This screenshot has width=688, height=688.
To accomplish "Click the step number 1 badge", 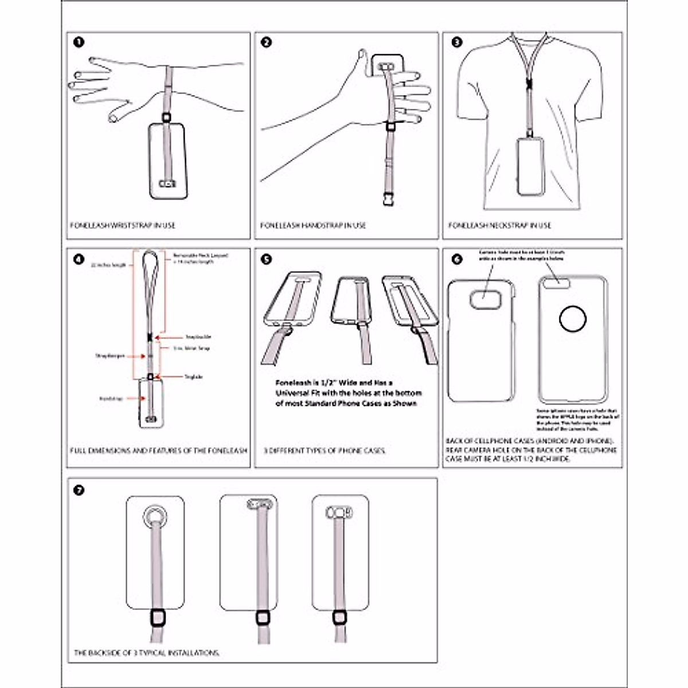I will click(x=79, y=42).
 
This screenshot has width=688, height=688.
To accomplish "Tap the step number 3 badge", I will click(x=456, y=42).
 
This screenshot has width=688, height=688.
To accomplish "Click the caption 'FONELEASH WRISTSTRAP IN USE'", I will click(x=123, y=225).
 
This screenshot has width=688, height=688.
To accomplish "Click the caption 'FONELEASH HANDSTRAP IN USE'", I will click(x=313, y=225).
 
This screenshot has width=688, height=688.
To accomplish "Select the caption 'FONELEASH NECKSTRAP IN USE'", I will click(x=499, y=225).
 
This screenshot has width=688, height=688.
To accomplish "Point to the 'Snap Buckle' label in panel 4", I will click(x=198, y=337).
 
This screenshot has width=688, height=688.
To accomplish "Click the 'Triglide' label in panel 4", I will click(x=193, y=377).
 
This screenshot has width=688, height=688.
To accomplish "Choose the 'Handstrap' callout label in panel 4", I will click(x=111, y=398).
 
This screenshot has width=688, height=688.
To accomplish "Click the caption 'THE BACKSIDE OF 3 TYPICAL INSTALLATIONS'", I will click(x=147, y=652).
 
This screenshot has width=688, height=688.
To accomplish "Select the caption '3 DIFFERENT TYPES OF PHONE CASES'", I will click(x=325, y=451).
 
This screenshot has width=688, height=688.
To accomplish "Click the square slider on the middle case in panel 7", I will click(x=263, y=617).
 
